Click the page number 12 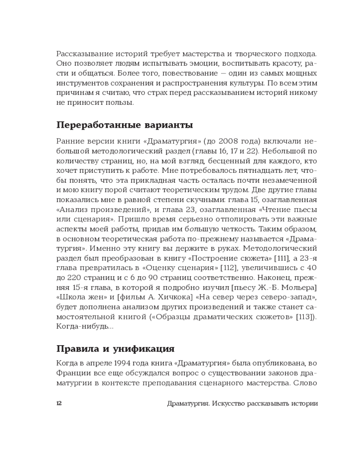(x=59, y=403)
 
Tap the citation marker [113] (x=306, y=317)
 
